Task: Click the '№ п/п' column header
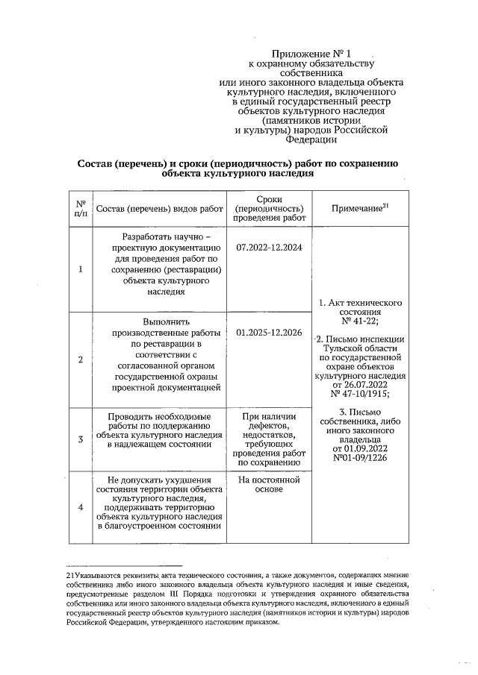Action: pos(80,208)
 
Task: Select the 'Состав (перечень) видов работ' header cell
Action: pos(160,209)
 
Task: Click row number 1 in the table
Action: pos(80,269)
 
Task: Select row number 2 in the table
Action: pos(80,360)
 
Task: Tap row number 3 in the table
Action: pos(80,439)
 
